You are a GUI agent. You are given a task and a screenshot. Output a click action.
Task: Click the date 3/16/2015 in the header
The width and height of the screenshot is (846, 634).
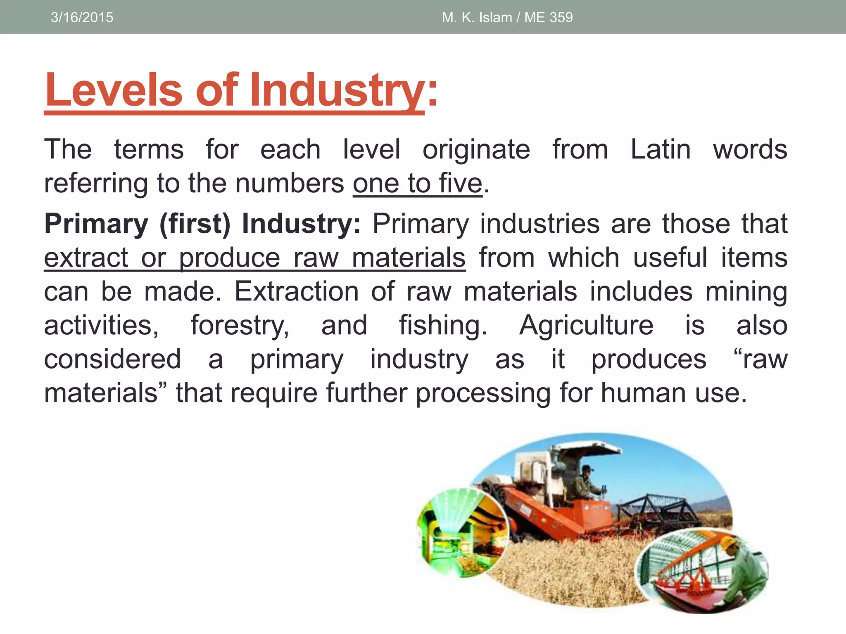click(82, 17)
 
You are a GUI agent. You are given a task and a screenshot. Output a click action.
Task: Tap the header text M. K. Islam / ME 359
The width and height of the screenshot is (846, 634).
click(507, 17)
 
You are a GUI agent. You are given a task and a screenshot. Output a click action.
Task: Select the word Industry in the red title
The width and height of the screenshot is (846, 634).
click(336, 90)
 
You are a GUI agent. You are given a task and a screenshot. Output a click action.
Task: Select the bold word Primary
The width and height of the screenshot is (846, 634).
click(96, 224)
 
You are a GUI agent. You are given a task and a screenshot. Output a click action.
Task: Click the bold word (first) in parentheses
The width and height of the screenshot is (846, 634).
click(195, 224)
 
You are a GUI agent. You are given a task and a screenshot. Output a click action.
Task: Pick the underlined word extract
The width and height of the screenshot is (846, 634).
click(86, 258)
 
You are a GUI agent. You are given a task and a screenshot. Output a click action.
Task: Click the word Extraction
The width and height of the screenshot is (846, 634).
click(297, 291)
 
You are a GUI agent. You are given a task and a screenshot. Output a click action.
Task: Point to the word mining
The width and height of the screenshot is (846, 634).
click(746, 291)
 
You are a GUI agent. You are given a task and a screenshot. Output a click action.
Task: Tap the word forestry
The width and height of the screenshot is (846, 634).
click(240, 325)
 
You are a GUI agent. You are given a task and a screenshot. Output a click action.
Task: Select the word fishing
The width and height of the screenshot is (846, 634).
click(443, 325)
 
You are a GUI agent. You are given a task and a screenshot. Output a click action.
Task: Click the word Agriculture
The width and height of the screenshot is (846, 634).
click(586, 325)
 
